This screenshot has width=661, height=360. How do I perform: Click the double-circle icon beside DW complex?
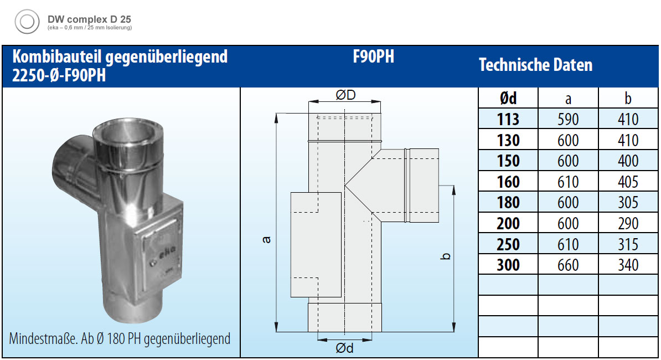tap(27, 22)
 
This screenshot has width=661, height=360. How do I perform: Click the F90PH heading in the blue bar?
tap(374, 57)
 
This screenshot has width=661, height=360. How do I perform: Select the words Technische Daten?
tap(535, 65)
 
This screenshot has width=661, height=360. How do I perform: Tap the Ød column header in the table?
tap(508, 98)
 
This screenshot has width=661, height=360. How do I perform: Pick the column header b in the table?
tap(628, 98)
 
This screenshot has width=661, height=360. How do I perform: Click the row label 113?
tap(508, 119)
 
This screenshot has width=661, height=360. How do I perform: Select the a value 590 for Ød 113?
tap(568, 119)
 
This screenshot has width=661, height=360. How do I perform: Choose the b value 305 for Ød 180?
tap(628, 202)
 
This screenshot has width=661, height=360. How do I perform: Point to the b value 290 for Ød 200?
tap(628, 223)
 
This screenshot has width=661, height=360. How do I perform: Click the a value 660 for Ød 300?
tap(568, 265)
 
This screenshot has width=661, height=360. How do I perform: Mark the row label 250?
tap(508, 244)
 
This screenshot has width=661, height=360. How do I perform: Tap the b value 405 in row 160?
tap(628, 182)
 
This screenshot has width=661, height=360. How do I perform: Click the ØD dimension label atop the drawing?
tap(345, 95)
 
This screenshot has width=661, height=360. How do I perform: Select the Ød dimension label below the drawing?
tap(344, 348)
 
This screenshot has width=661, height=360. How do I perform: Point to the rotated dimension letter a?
tap(266, 239)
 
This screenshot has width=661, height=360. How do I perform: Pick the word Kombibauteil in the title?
tap(57, 56)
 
